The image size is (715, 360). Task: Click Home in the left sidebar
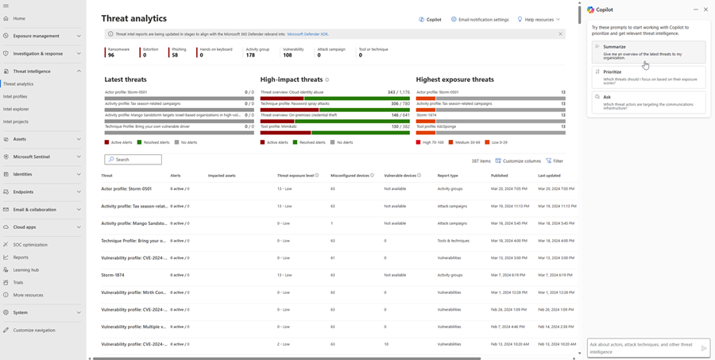19,18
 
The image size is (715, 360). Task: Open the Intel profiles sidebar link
15,96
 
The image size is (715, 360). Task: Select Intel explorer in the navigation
16,109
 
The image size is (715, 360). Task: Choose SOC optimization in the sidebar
30,245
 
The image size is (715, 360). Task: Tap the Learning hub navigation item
25,270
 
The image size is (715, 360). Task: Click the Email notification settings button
480,19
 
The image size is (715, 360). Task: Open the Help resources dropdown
539,19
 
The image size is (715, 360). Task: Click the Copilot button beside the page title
430,19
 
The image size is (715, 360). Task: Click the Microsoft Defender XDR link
307,34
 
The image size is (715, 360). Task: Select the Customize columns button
518,161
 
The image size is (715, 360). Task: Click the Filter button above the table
555,161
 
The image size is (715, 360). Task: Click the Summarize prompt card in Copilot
648,52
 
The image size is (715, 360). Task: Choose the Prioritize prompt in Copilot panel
648,76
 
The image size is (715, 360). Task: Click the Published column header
499,176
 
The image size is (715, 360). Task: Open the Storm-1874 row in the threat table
113,275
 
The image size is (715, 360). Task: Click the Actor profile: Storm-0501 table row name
126,188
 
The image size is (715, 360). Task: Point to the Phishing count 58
175,56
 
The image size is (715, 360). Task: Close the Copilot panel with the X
705,10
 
